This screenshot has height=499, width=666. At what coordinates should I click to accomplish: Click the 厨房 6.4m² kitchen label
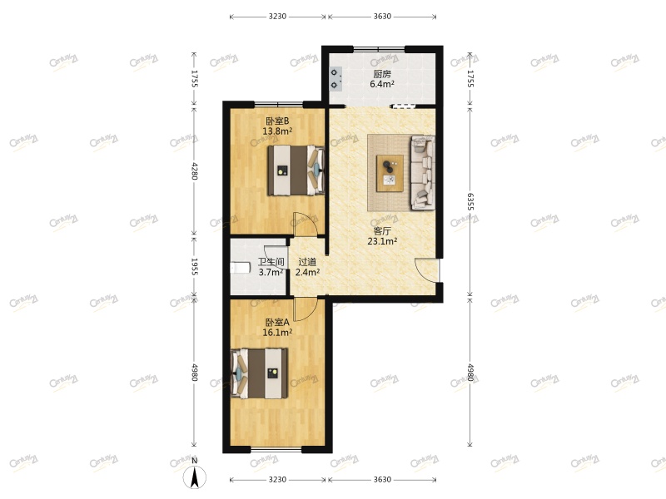pyautogui.click(x=381, y=79)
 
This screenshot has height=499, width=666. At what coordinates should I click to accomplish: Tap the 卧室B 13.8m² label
pyautogui.click(x=277, y=126)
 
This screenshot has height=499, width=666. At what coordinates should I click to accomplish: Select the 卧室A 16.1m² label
pyautogui.click(x=277, y=328)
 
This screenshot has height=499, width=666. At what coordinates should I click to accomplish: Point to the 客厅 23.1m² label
pyautogui.click(x=382, y=237)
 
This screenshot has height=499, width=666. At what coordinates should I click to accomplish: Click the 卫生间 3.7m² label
pyautogui.click(x=271, y=267)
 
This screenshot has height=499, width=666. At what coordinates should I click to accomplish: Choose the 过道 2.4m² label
pyautogui.click(x=307, y=267)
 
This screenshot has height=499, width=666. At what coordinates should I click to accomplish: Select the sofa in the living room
pyautogui.click(x=420, y=173)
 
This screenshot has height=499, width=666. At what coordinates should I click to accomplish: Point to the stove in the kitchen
pyautogui.click(x=335, y=77)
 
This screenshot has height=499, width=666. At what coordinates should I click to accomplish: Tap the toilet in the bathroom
pyautogui.click(x=239, y=268)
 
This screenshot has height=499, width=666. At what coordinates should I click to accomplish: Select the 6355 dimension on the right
pyautogui.click(x=470, y=202)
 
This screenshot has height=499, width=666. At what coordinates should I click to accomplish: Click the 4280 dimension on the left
pyautogui.click(x=195, y=170)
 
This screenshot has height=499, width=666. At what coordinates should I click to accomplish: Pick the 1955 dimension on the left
pyautogui.click(x=195, y=267)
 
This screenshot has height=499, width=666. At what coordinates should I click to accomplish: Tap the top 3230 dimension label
pyautogui.click(x=277, y=16)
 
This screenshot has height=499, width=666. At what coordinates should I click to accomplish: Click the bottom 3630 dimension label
pyautogui.click(x=382, y=480)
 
